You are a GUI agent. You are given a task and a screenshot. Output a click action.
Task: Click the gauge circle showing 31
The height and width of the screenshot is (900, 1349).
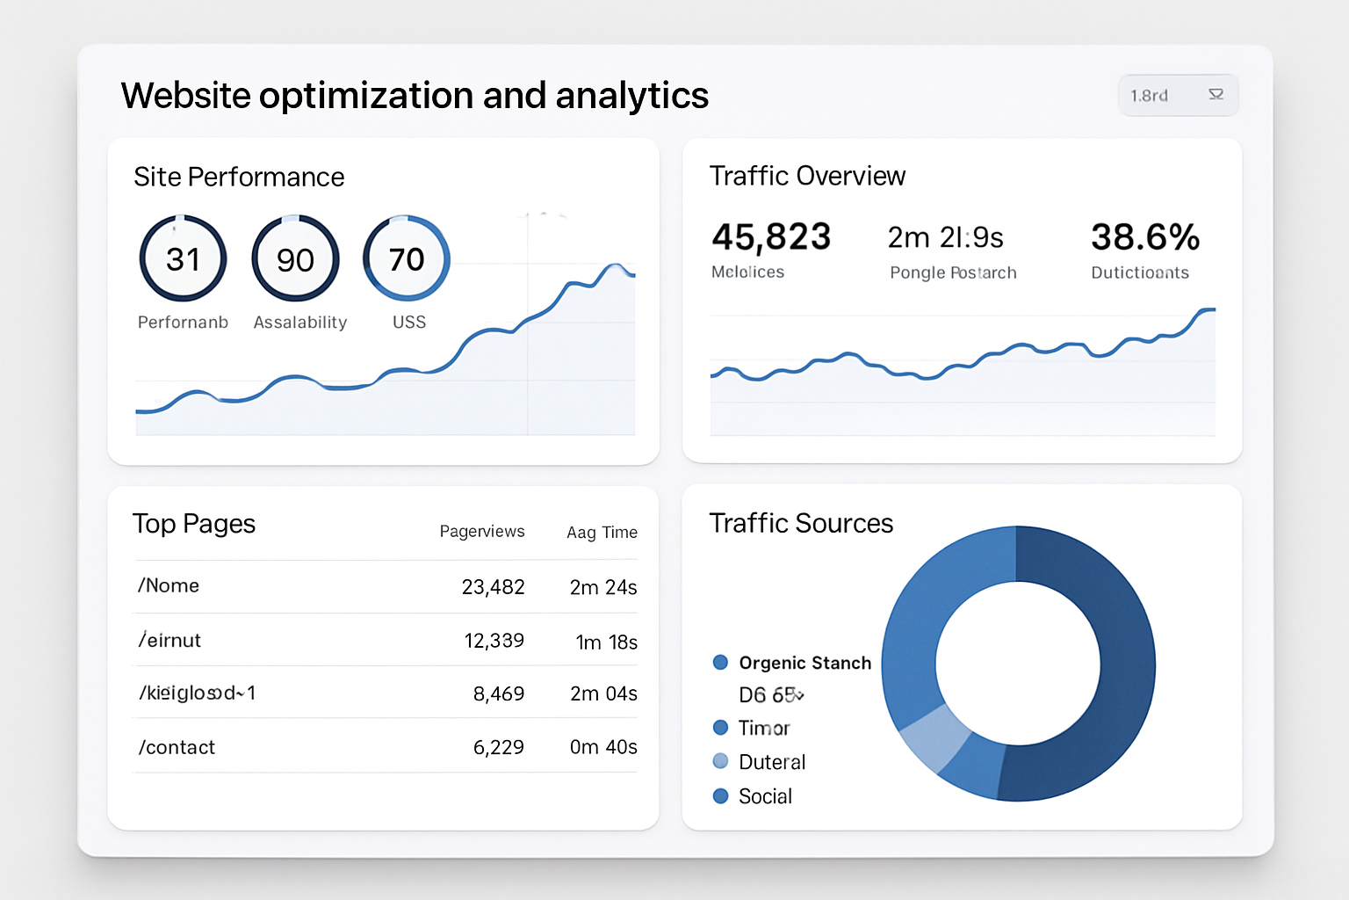(x=183, y=259)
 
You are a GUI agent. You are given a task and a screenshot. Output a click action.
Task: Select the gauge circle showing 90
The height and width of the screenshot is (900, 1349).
(x=295, y=259)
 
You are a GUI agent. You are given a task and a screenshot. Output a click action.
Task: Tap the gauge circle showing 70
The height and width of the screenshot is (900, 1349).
(x=407, y=259)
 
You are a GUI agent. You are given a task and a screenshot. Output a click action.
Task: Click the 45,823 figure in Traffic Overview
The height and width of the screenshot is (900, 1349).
(x=771, y=237)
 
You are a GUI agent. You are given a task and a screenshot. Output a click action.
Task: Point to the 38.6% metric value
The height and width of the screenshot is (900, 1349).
(x=1145, y=237)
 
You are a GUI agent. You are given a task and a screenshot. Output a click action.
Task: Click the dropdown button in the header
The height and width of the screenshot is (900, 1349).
(x=1178, y=95)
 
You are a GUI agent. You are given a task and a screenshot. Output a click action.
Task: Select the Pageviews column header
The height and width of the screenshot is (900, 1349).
(x=482, y=532)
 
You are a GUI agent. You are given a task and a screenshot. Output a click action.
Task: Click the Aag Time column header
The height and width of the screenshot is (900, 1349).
(x=602, y=533)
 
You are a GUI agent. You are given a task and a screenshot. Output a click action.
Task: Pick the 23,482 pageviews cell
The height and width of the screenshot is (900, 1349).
(x=493, y=587)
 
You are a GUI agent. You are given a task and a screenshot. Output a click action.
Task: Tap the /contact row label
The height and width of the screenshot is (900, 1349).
(x=177, y=747)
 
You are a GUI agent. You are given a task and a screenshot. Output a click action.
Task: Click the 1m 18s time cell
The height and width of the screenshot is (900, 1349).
(x=606, y=642)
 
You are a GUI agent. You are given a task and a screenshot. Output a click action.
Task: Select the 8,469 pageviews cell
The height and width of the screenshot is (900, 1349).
(x=498, y=694)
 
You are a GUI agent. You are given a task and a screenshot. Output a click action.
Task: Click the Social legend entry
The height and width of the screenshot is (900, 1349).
(x=764, y=796)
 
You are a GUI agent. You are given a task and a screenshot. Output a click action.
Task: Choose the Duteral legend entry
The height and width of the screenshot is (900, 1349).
(x=771, y=762)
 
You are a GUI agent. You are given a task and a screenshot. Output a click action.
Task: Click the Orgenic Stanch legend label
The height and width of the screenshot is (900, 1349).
(x=804, y=663)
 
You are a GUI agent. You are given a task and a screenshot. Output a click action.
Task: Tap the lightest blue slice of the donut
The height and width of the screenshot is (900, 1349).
(x=932, y=737)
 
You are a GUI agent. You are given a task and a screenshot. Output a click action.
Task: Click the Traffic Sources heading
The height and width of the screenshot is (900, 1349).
(x=801, y=524)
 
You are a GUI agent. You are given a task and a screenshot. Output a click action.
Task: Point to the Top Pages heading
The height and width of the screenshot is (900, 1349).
(x=194, y=524)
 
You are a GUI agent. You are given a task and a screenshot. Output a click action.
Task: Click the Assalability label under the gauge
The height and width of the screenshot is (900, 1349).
(x=300, y=323)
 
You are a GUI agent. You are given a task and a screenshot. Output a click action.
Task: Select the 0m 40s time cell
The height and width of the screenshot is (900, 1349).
(x=603, y=747)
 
